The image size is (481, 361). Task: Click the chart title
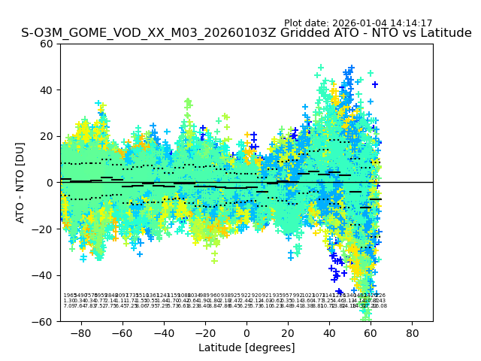pos(247,33)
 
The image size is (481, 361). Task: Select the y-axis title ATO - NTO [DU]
pos(20,182)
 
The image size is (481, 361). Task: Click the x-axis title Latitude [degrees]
pos(247,347)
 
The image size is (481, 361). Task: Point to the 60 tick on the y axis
pos(47,44)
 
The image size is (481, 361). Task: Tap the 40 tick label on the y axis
pos(47,89)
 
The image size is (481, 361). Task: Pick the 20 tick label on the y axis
pos(47,136)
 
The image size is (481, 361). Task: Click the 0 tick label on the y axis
pos(50,183)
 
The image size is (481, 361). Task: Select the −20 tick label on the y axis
pos(44,229)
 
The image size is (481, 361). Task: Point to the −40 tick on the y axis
pos(44,275)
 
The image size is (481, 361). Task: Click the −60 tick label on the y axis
pos(44,321)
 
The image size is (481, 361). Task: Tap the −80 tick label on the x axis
pos(80,332)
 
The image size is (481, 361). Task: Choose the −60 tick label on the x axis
pos(122,332)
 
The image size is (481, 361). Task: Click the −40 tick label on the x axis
pos(163,332)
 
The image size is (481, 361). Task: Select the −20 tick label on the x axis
pos(204,332)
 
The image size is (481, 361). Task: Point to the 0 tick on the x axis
pos(247,332)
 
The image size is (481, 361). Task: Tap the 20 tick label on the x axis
pos(288,332)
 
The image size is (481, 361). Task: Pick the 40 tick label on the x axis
pos(329,332)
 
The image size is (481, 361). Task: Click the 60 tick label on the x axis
pos(371,332)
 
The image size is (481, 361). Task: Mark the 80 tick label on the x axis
pos(413,332)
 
